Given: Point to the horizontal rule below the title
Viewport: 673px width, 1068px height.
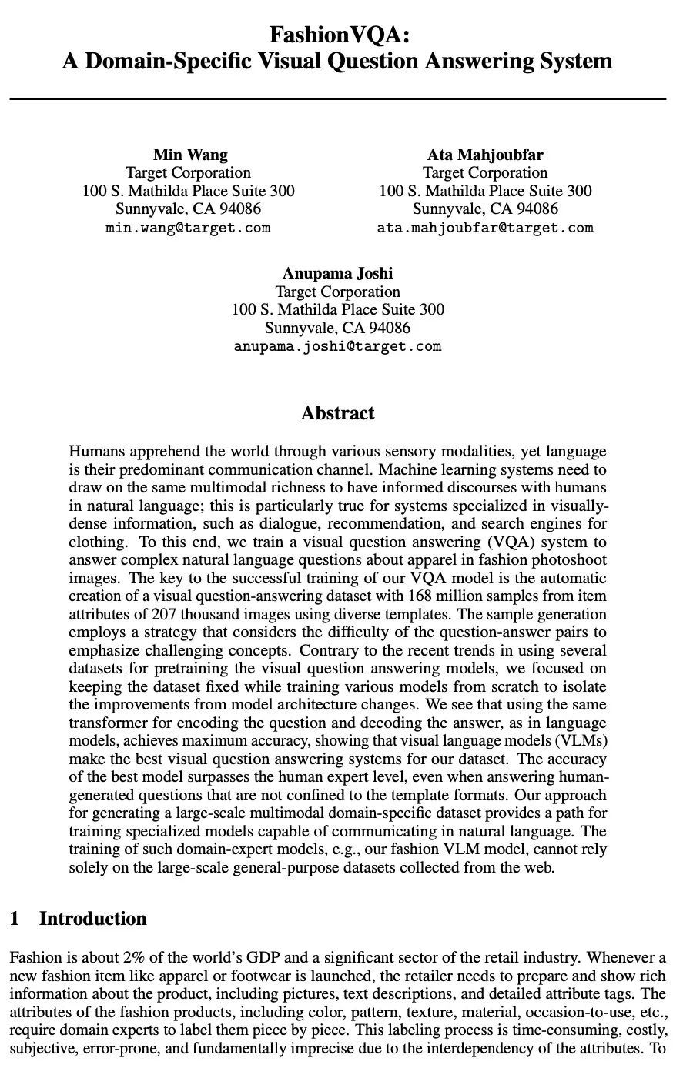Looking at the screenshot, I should pyautogui.click(x=336, y=99).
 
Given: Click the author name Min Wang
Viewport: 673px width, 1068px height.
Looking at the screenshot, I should pyautogui.click(x=189, y=155).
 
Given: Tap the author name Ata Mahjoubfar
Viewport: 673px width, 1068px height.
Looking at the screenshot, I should pyautogui.click(x=485, y=155).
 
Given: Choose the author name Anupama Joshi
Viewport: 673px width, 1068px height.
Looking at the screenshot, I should pyautogui.click(x=337, y=273).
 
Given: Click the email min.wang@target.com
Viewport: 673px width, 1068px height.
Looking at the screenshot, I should pyautogui.click(x=188, y=228).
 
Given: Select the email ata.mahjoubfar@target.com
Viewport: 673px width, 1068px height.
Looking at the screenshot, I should pyautogui.click(x=485, y=228).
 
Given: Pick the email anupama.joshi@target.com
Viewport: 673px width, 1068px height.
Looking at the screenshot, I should pyautogui.click(x=337, y=346).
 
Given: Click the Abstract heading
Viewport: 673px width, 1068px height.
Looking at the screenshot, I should pyautogui.click(x=337, y=413).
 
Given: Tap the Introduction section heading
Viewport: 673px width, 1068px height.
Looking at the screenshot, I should pyautogui.click(x=92, y=919).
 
